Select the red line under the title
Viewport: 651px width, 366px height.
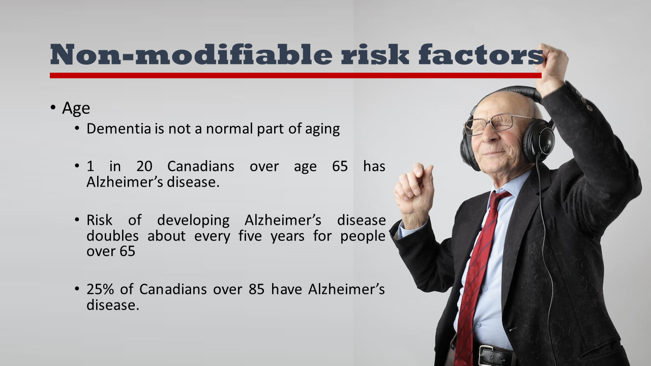[295, 75]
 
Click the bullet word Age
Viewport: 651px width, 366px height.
[76, 108]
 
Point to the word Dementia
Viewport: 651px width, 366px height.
[119, 129]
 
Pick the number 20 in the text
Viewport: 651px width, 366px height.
[145, 166]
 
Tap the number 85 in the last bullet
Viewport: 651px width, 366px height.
[257, 289]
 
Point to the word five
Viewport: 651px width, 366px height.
[250, 236]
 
